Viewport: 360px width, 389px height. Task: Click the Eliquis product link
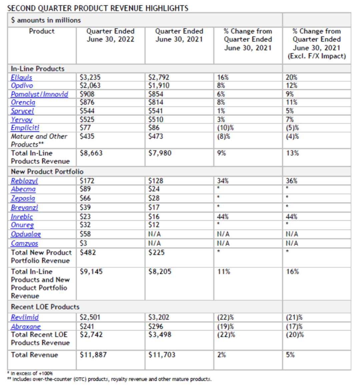point(21,77)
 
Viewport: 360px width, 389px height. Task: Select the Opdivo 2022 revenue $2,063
point(90,85)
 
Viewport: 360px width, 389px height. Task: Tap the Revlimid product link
point(25,317)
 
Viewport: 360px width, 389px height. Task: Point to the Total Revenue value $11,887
point(93,355)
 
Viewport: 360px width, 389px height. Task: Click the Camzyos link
point(24,244)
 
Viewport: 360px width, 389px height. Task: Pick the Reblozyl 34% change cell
point(223,181)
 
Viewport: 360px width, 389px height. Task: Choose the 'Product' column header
point(42,31)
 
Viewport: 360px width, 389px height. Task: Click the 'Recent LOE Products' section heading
point(45,307)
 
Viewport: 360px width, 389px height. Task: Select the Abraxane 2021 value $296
point(156,326)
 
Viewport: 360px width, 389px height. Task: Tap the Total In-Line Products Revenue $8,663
point(91,153)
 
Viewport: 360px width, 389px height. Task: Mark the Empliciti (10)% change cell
point(225,128)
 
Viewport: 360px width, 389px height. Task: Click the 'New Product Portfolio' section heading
point(47,171)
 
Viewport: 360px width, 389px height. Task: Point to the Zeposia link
point(23,198)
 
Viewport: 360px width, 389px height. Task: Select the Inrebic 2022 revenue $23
point(85,217)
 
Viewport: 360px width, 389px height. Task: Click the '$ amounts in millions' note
point(46,20)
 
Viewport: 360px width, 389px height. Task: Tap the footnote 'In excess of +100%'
point(31,373)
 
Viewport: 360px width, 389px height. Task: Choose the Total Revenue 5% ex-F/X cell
point(290,355)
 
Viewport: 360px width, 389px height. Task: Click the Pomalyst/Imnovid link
point(39,94)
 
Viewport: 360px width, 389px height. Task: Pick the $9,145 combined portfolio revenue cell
point(91,272)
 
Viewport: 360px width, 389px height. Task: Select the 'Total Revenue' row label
point(34,355)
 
